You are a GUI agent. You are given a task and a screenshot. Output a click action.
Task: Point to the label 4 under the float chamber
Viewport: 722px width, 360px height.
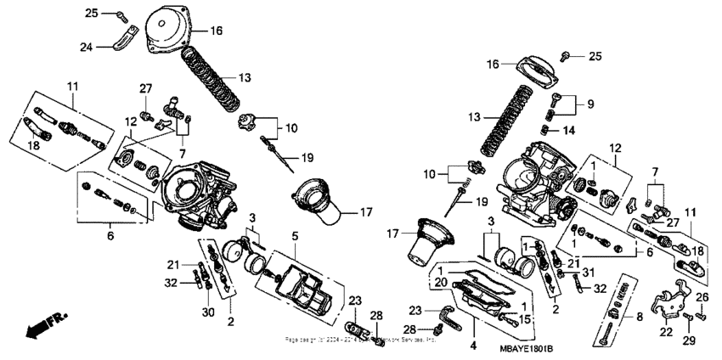coord(474,346)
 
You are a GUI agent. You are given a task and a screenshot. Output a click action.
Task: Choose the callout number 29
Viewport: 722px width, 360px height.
coord(688,340)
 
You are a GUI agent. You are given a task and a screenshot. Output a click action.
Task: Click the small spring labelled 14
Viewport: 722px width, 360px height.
coord(549,129)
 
